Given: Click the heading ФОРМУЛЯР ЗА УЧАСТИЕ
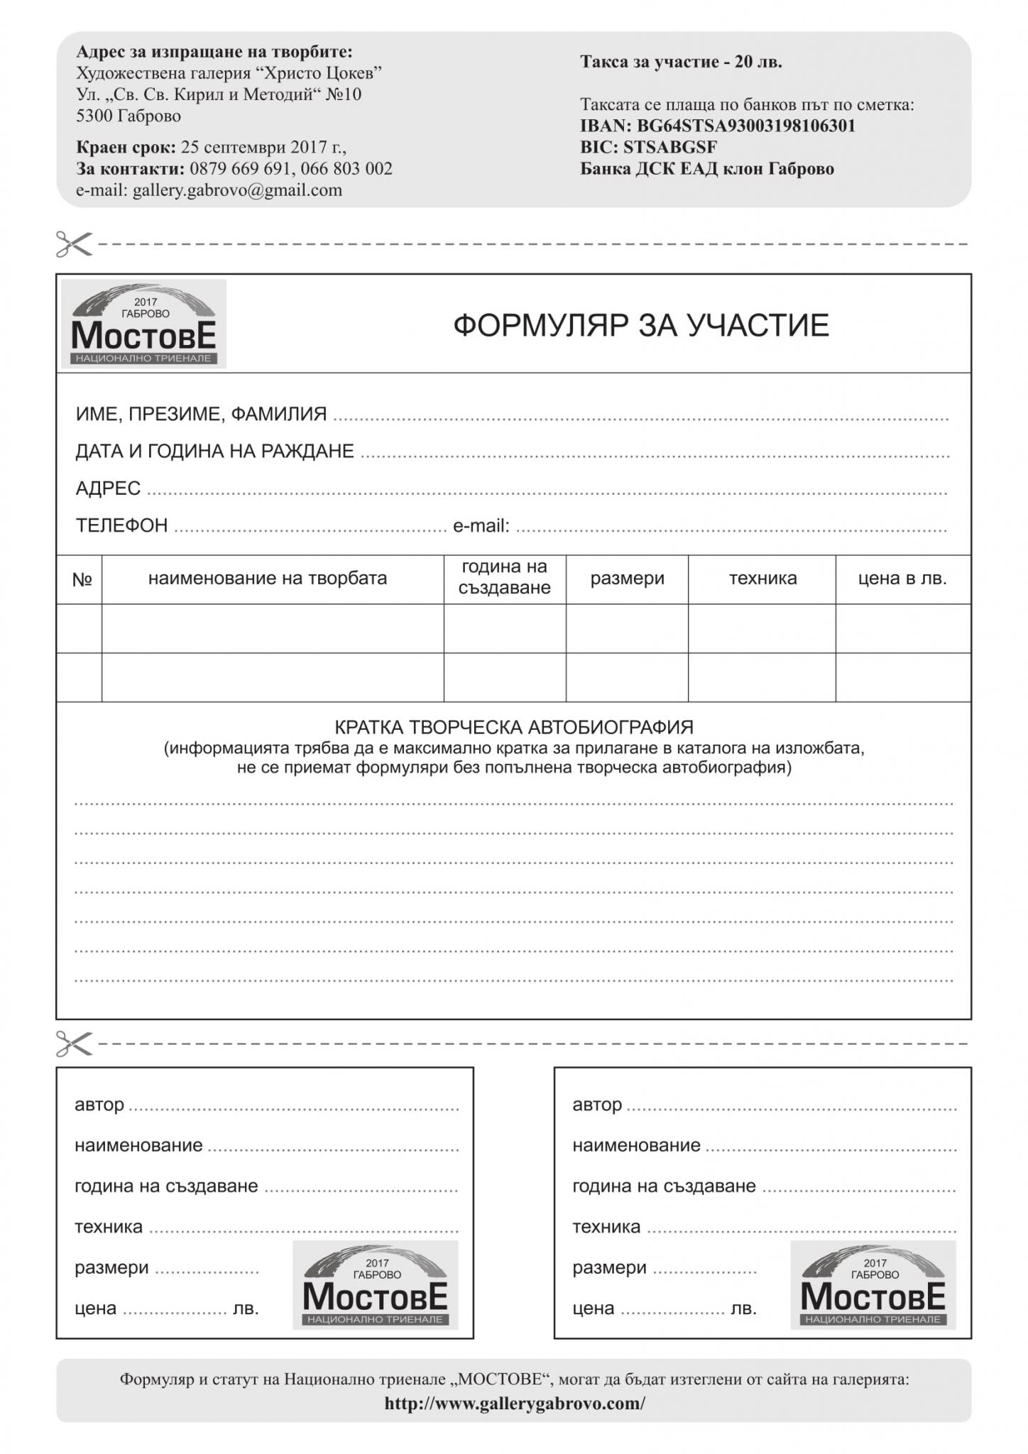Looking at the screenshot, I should coord(640,326).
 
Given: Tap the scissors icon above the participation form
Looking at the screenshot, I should coord(74,244).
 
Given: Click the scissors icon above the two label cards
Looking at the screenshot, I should coord(74,1043).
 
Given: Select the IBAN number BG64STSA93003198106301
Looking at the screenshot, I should coord(745,126).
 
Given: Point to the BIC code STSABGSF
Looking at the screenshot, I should coord(669,148).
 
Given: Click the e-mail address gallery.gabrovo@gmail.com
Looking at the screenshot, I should coord(237,190).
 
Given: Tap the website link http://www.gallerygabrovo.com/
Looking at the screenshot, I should coord(515,1404).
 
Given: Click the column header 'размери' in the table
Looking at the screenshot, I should coord(627,579).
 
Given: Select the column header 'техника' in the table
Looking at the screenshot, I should coord(762,579).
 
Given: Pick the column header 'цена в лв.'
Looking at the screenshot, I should coord(902,579).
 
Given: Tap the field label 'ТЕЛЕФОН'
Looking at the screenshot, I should coord(122,525).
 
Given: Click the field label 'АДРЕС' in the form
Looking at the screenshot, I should coord(108,488).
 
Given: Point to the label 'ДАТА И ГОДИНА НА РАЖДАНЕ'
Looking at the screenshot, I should coord(214,451).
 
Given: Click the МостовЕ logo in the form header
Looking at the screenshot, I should coord(143,324).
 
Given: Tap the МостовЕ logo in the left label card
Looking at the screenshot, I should coord(375,1285).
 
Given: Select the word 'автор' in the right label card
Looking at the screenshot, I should coord(597,1105).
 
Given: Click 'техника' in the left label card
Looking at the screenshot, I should coord(109,1227).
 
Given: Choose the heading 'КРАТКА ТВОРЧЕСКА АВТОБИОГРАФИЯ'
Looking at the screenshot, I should coord(513,727).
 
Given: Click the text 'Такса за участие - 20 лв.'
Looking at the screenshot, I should coord(681,62).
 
